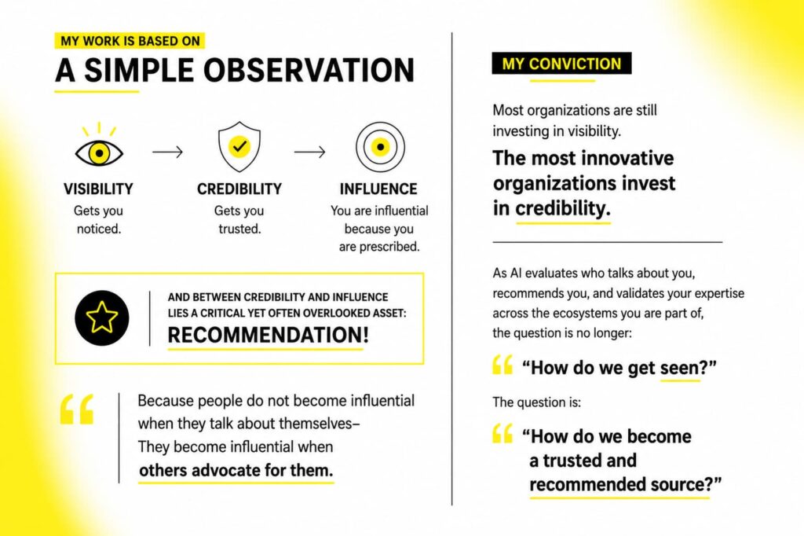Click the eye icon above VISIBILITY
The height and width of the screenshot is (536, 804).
[x=99, y=146]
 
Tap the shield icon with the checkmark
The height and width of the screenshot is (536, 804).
[x=239, y=146]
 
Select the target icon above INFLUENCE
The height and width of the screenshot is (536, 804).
[x=380, y=147]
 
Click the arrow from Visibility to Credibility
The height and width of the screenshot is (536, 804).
[x=167, y=152]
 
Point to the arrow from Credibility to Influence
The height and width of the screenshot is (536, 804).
[x=309, y=152]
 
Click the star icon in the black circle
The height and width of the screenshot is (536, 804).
[x=101, y=318]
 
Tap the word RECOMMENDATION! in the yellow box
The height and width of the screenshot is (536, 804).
[x=269, y=335]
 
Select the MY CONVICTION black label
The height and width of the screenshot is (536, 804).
[x=561, y=64]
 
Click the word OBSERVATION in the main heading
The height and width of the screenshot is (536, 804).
[x=309, y=70]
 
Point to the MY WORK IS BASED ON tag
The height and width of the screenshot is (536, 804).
[x=130, y=41]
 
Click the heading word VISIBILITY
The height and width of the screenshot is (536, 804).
[x=98, y=189]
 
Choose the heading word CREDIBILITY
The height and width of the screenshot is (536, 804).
[x=239, y=189]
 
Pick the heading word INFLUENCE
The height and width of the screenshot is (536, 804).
[x=378, y=189]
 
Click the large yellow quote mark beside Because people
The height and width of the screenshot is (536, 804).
[x=77, y=409]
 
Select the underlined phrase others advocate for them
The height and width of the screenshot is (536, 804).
[x=236, y=470]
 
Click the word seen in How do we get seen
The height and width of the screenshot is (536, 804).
[x=679, y=368]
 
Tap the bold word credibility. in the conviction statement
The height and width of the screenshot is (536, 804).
[x=563, y=208]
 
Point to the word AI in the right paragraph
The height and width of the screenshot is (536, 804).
[x=516, y=274]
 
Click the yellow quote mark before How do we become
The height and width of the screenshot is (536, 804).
[x=502, y=433]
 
